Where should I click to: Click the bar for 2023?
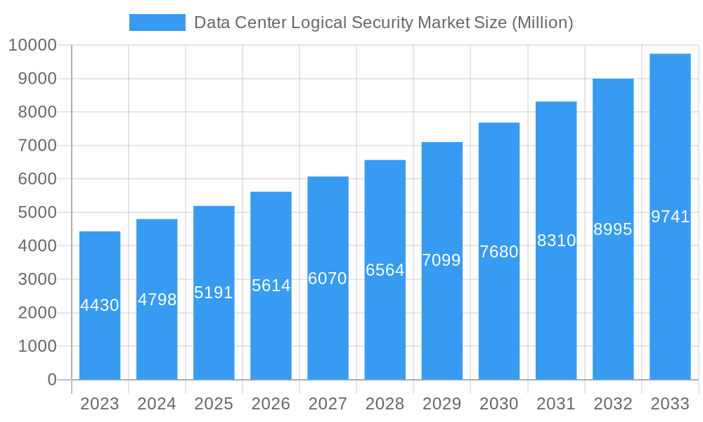100,305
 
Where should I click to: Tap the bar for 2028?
385,270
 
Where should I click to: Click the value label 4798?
157,300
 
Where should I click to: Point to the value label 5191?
214,293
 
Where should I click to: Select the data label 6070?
328,279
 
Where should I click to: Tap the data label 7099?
441,260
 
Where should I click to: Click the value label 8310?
556,241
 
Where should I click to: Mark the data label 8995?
613,229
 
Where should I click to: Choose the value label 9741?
670,217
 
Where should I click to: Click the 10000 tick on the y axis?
32,46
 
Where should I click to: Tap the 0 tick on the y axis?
52,380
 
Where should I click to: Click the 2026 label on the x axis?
271,404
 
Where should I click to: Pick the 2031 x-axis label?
556,404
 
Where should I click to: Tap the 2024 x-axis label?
157,404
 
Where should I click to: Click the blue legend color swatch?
157,23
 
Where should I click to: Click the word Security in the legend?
385,23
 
